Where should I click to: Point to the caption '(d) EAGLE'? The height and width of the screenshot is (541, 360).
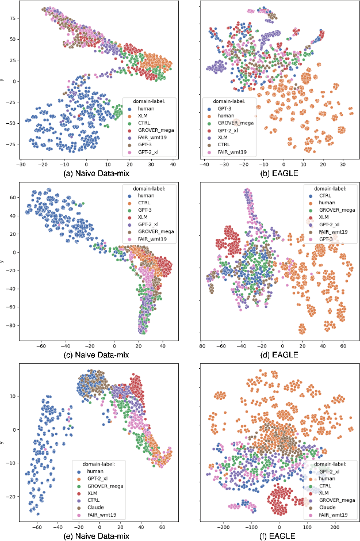(278, 355)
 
